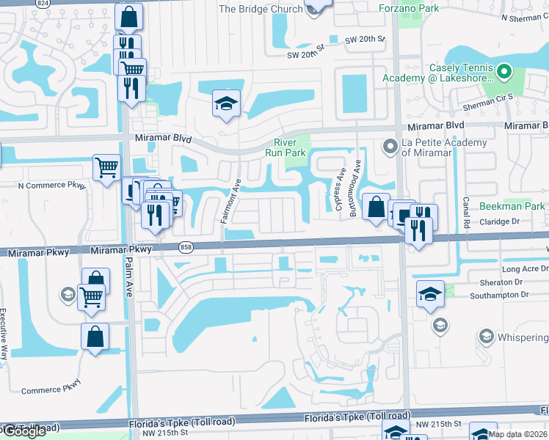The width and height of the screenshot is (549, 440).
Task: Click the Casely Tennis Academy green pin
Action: [503, 72]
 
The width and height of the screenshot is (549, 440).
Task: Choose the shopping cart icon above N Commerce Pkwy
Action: [107, 167]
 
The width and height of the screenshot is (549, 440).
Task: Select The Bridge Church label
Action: [261, 9]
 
